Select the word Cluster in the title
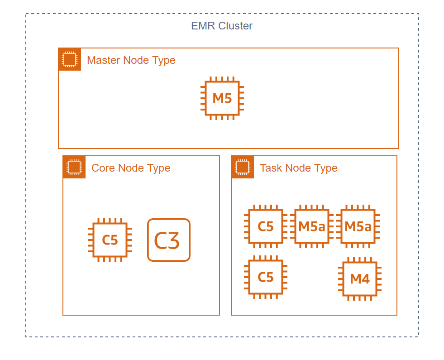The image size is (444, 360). point(235,26)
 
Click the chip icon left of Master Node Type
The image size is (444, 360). point(70,59)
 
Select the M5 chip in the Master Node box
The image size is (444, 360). point(222,98)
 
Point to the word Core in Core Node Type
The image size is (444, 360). point(103,168)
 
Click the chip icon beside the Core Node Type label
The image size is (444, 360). point(74,167)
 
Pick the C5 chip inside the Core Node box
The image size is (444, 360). point(110,240)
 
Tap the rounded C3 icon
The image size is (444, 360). point(169,240)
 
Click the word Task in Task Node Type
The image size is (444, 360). point(271,168)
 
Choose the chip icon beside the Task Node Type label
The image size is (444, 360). point(243,167)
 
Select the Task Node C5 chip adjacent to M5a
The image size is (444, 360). point(266,226)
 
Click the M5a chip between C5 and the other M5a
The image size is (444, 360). point(312,226)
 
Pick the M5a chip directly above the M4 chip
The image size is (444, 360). point(358,226)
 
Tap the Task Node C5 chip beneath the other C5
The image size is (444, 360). point(266,277)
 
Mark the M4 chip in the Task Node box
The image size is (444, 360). point(360,279)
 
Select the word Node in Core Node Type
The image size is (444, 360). point(131,168)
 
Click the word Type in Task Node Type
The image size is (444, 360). point(326,168)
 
